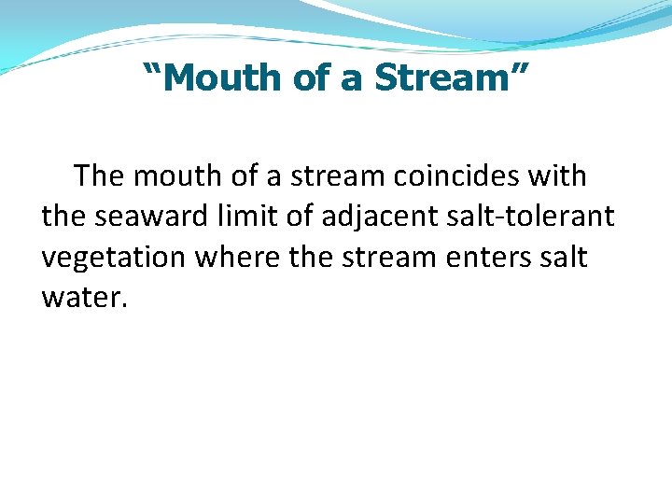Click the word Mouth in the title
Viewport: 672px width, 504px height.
point(223,78)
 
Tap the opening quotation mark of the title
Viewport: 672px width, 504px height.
point(152,71)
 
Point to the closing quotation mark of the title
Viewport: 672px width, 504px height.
point(519,71)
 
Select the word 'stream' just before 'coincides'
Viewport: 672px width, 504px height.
point(340,175)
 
